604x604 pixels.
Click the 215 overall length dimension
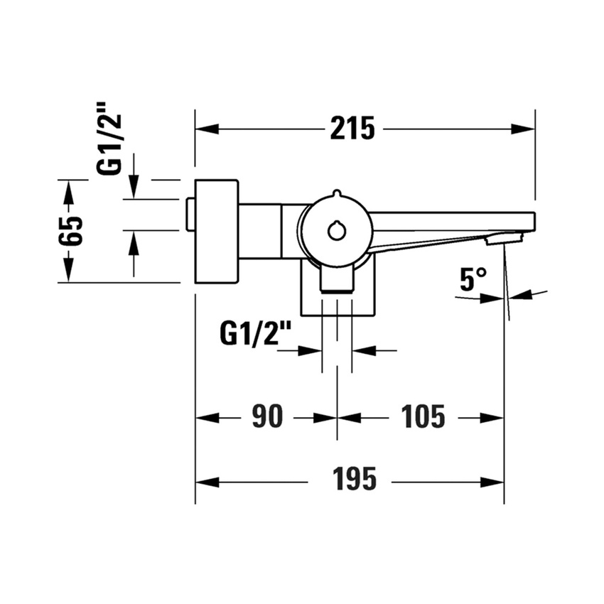coord(352,129)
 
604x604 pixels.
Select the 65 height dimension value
coord(72,230)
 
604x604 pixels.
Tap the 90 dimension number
coord(267,417)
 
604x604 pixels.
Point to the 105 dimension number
coord(423,417)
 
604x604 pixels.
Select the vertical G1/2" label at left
coord(112,137)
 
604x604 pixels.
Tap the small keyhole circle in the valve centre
coord(336,230)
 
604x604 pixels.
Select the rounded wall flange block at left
coord(217,231)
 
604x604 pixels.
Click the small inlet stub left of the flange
coord(190,215)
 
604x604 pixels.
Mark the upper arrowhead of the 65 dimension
coord(69,189)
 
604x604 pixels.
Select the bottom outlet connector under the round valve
coord(336,279)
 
